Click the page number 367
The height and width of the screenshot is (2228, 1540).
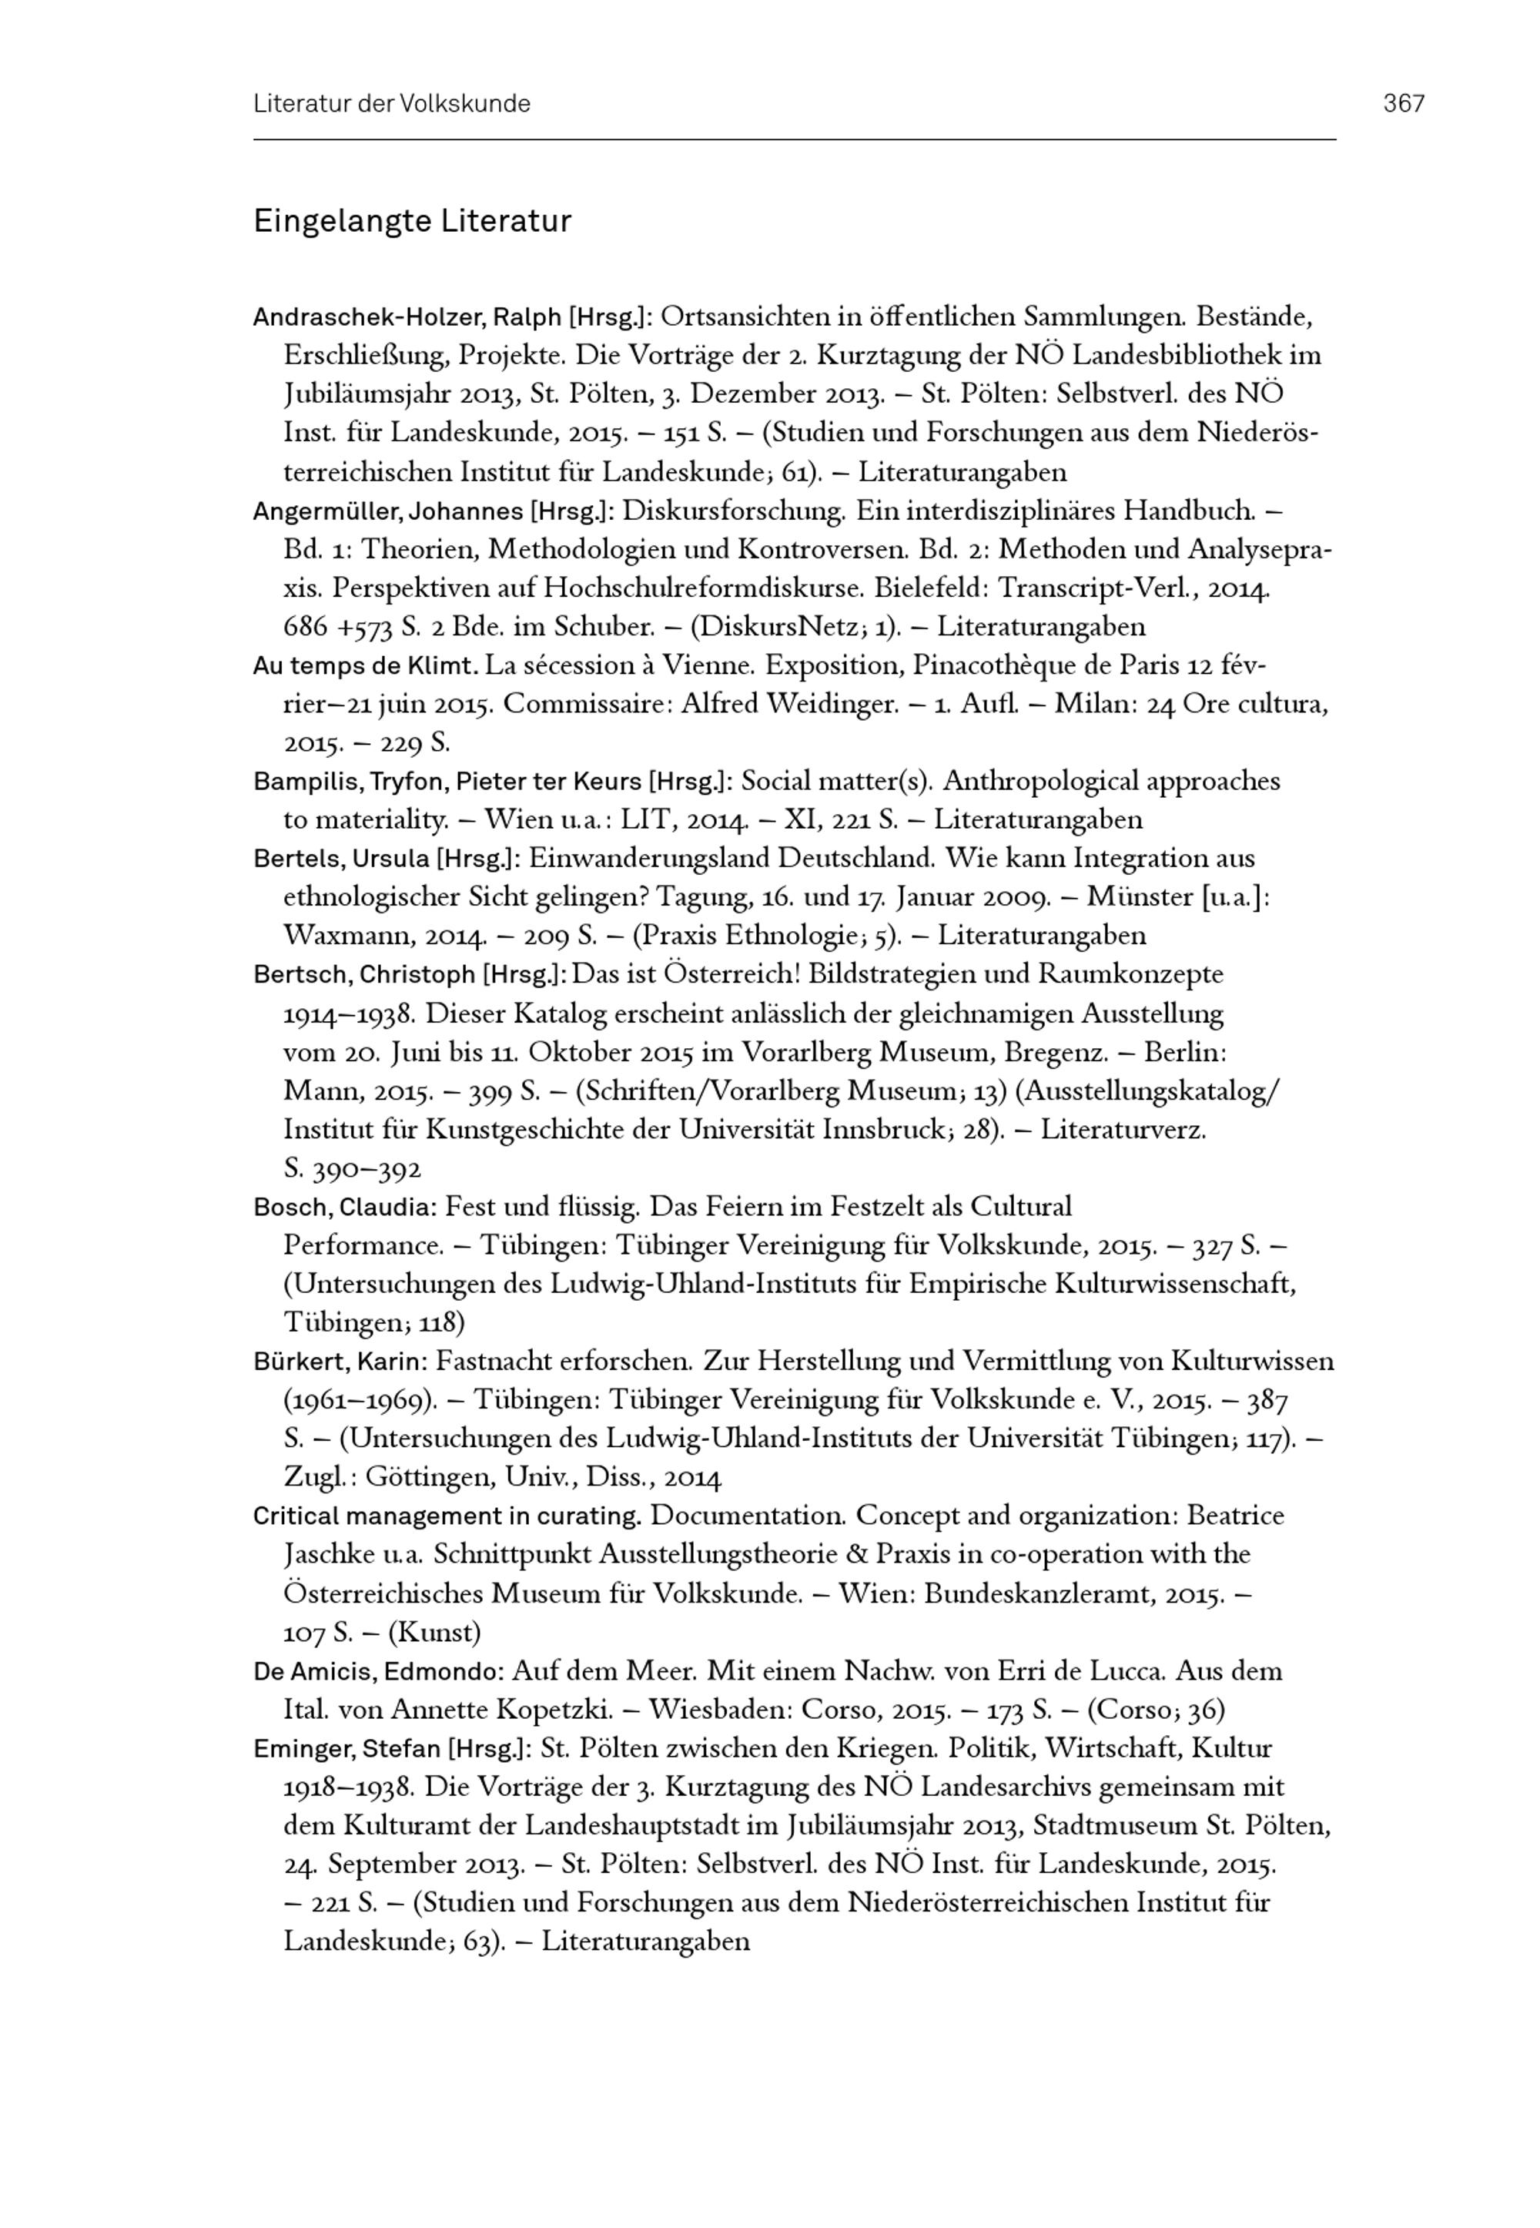(x=1404, y=104)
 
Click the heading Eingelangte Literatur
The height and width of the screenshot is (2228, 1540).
(x=412, y=222)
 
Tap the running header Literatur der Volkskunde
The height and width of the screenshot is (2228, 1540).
(x=392, y=104)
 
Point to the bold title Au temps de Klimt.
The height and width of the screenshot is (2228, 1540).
(x=365, y=666)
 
